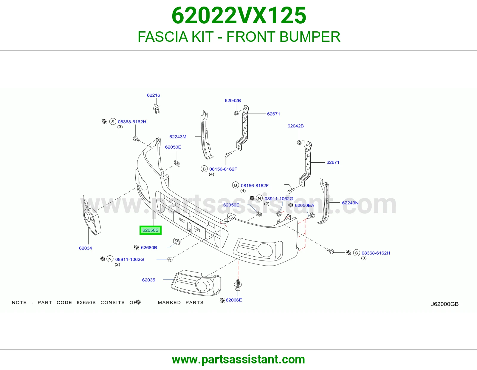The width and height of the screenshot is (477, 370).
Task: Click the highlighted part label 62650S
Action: click(150, 230)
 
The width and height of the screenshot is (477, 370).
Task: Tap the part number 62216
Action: click(154, 95)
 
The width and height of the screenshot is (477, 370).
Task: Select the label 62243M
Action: click(178, 137)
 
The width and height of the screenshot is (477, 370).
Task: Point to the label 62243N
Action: click(350, 203)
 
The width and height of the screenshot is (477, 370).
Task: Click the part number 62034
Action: click(85, 248)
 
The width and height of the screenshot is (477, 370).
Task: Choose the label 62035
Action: click(148, 280)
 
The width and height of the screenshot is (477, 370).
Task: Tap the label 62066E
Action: click(234, 300)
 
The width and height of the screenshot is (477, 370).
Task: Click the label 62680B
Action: click(149, 247)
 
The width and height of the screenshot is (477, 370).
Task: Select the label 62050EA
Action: click(304, 205)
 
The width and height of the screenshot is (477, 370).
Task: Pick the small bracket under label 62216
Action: click(156, 109)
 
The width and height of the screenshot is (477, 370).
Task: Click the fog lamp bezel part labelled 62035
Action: click(196, 283)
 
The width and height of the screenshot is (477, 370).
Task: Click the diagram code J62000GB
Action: click(445, 304)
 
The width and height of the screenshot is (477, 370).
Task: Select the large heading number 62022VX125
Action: click(238, 16)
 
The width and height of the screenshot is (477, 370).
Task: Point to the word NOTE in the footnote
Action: click(19, 303)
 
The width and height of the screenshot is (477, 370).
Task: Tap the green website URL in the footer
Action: click(238, 360)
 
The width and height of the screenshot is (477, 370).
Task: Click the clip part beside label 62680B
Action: click(177, 242)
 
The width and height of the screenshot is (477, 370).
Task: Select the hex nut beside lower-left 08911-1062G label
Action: click(170, 259)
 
